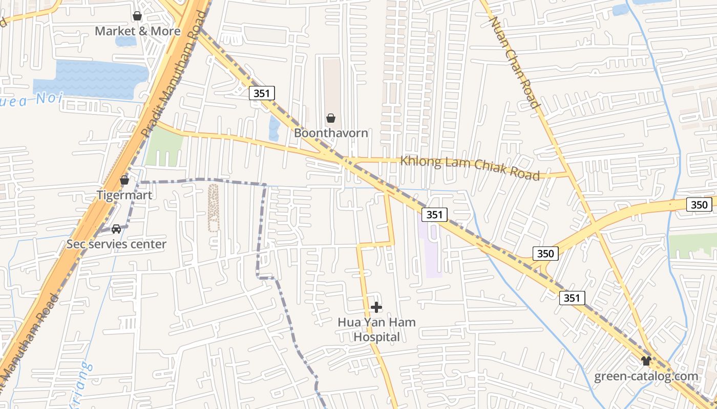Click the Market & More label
(x=138, y=31)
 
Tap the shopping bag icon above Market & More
(x=137, y=16)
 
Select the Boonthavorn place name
(x=331, y=133)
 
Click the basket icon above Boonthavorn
(x=331, y=119)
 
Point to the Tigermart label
(x=124, y=195)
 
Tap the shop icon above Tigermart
(x=124, y=180)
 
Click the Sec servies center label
(x=116, y=244)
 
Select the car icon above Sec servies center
(x=116, y=229)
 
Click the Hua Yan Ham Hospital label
(x=376, y=329)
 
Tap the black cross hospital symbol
(x=376, y=307)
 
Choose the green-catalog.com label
(x=646, y=376)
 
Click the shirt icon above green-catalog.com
(x=646, y=361)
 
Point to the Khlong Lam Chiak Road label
(x=470, y=168)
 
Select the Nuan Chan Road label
(x=515, y=62)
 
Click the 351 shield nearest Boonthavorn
(x=263, y=93)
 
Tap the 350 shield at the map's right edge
(x=699, y=205)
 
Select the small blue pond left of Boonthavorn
(x=275, y=128)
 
